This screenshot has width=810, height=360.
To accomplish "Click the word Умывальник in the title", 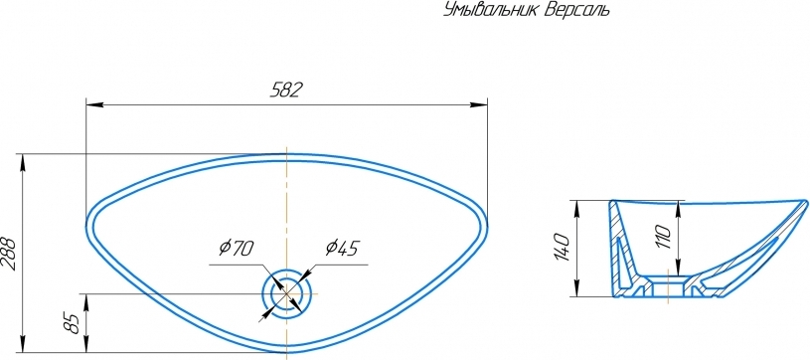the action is tap(491, 10).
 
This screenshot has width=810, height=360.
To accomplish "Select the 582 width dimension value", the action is tap(286, 90).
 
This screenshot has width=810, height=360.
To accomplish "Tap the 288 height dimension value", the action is tap(9, 254).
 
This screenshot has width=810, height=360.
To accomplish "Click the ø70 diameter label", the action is tap(236, 249).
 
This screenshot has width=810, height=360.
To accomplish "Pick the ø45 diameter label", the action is tap(342, 249).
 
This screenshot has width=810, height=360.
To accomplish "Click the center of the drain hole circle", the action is tap(286, 294).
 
